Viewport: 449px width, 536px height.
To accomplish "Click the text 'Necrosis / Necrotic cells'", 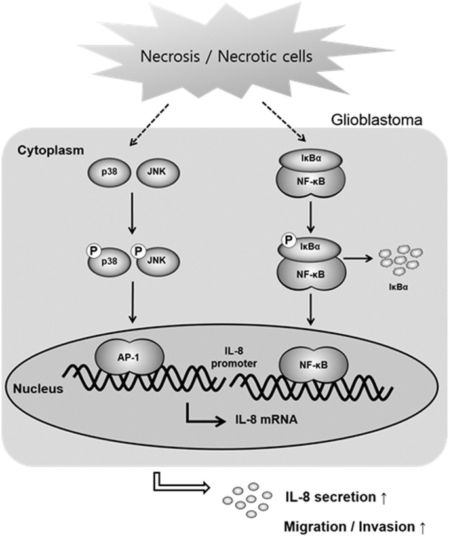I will pos(224,58).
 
